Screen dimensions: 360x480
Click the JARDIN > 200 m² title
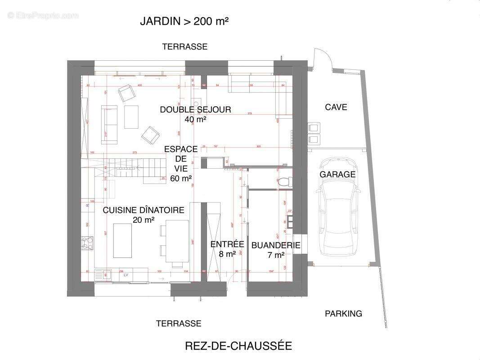pyautogui.click(x=185, y=21)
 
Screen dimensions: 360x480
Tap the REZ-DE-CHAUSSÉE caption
pyautogui.click(x=238, y=346)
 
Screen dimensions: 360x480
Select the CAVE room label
pyautogui.click(x=336, y=107)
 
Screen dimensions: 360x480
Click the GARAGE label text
pyautogui.click(x=337, y=175)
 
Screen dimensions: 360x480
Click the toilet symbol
pyautogui.click(x=284, y=182)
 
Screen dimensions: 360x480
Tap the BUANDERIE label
pyautogui.click(x=275, y=245)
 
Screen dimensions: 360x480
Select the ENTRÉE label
pyautogui.click(x=227, y=244)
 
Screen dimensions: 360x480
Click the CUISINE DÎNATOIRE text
pyautogui.click(x=144, y=210)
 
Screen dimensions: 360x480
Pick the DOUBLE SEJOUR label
pyautogui.click(x=195, y=109)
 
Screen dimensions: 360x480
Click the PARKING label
pyautogui.click(x=343, y=314)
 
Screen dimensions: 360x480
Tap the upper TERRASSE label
pyautogui.click(x=185, y=47)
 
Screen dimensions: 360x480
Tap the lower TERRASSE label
pyautogui.click(x=179, y=324)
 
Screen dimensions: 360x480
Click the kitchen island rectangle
pyautogui.click(x=122, y=240)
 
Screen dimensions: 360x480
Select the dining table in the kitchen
pyautogui.click(x=177, y=241)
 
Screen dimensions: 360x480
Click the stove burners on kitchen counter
pyautogui.click(x=87, y=243)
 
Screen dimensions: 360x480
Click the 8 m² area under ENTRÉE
pyautogui.click(x=227, y=254)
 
